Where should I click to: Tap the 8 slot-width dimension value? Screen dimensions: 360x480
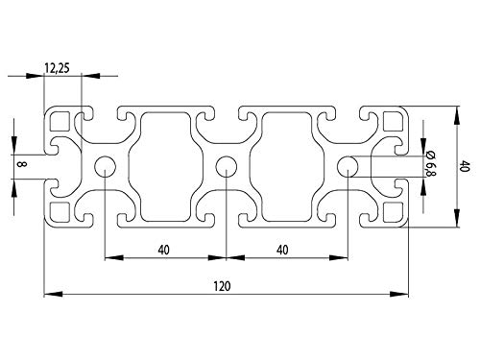21,165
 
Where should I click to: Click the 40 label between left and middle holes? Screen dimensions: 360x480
164,251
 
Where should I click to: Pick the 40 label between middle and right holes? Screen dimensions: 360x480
285,251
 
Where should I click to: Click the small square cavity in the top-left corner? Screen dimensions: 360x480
60,122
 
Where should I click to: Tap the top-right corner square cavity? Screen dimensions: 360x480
392,122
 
